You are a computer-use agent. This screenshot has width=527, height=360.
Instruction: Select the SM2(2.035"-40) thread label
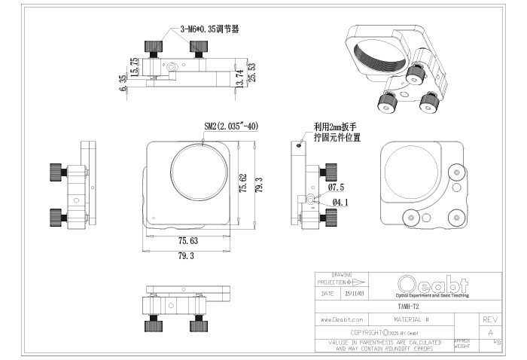(x=231, y=127)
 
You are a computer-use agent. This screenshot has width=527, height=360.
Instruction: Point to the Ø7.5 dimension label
(x=336, y=187)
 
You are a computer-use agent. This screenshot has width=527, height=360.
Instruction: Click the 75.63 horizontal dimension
(x=188, y=241)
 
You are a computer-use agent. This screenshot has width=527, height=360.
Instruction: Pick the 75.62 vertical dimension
(x=242, y=184)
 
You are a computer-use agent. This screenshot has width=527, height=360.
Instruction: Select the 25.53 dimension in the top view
(x=251, y=72)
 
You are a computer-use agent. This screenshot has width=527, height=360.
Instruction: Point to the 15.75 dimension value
(x=133, y=66)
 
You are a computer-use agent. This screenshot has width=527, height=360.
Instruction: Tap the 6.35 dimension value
(x=123, y=82)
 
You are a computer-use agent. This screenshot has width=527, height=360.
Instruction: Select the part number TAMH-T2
(x=407, y=307)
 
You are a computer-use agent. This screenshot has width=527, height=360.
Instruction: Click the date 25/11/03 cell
(x=354, y=294)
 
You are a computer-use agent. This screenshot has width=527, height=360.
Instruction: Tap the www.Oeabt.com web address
(x=342, y=319)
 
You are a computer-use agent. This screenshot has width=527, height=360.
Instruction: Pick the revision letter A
(x=490, y=331)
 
